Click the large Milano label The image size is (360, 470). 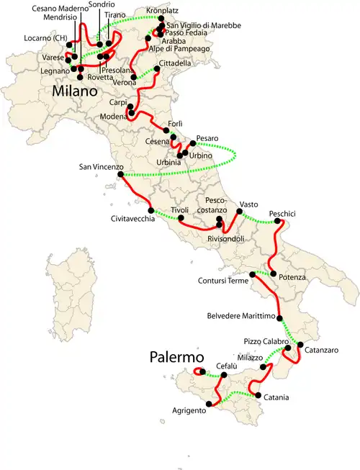[74, 92]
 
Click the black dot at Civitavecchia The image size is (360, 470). [149, 209]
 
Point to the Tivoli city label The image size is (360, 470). [179, 210]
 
